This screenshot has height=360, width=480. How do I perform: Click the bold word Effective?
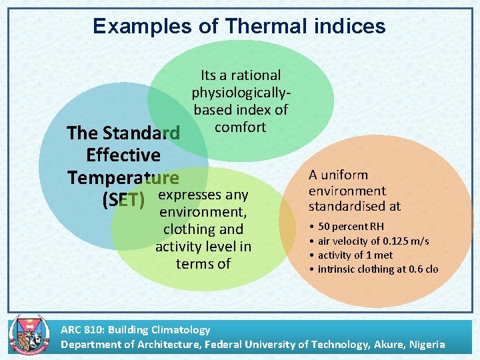point(123,155)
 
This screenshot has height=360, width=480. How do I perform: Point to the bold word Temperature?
point(123,177)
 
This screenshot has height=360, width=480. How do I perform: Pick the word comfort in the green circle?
point(241,127)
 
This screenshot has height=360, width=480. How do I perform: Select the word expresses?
point(203,195)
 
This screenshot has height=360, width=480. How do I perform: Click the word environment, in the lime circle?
point(203,212)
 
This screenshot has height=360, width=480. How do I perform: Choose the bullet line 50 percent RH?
point(351,227)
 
